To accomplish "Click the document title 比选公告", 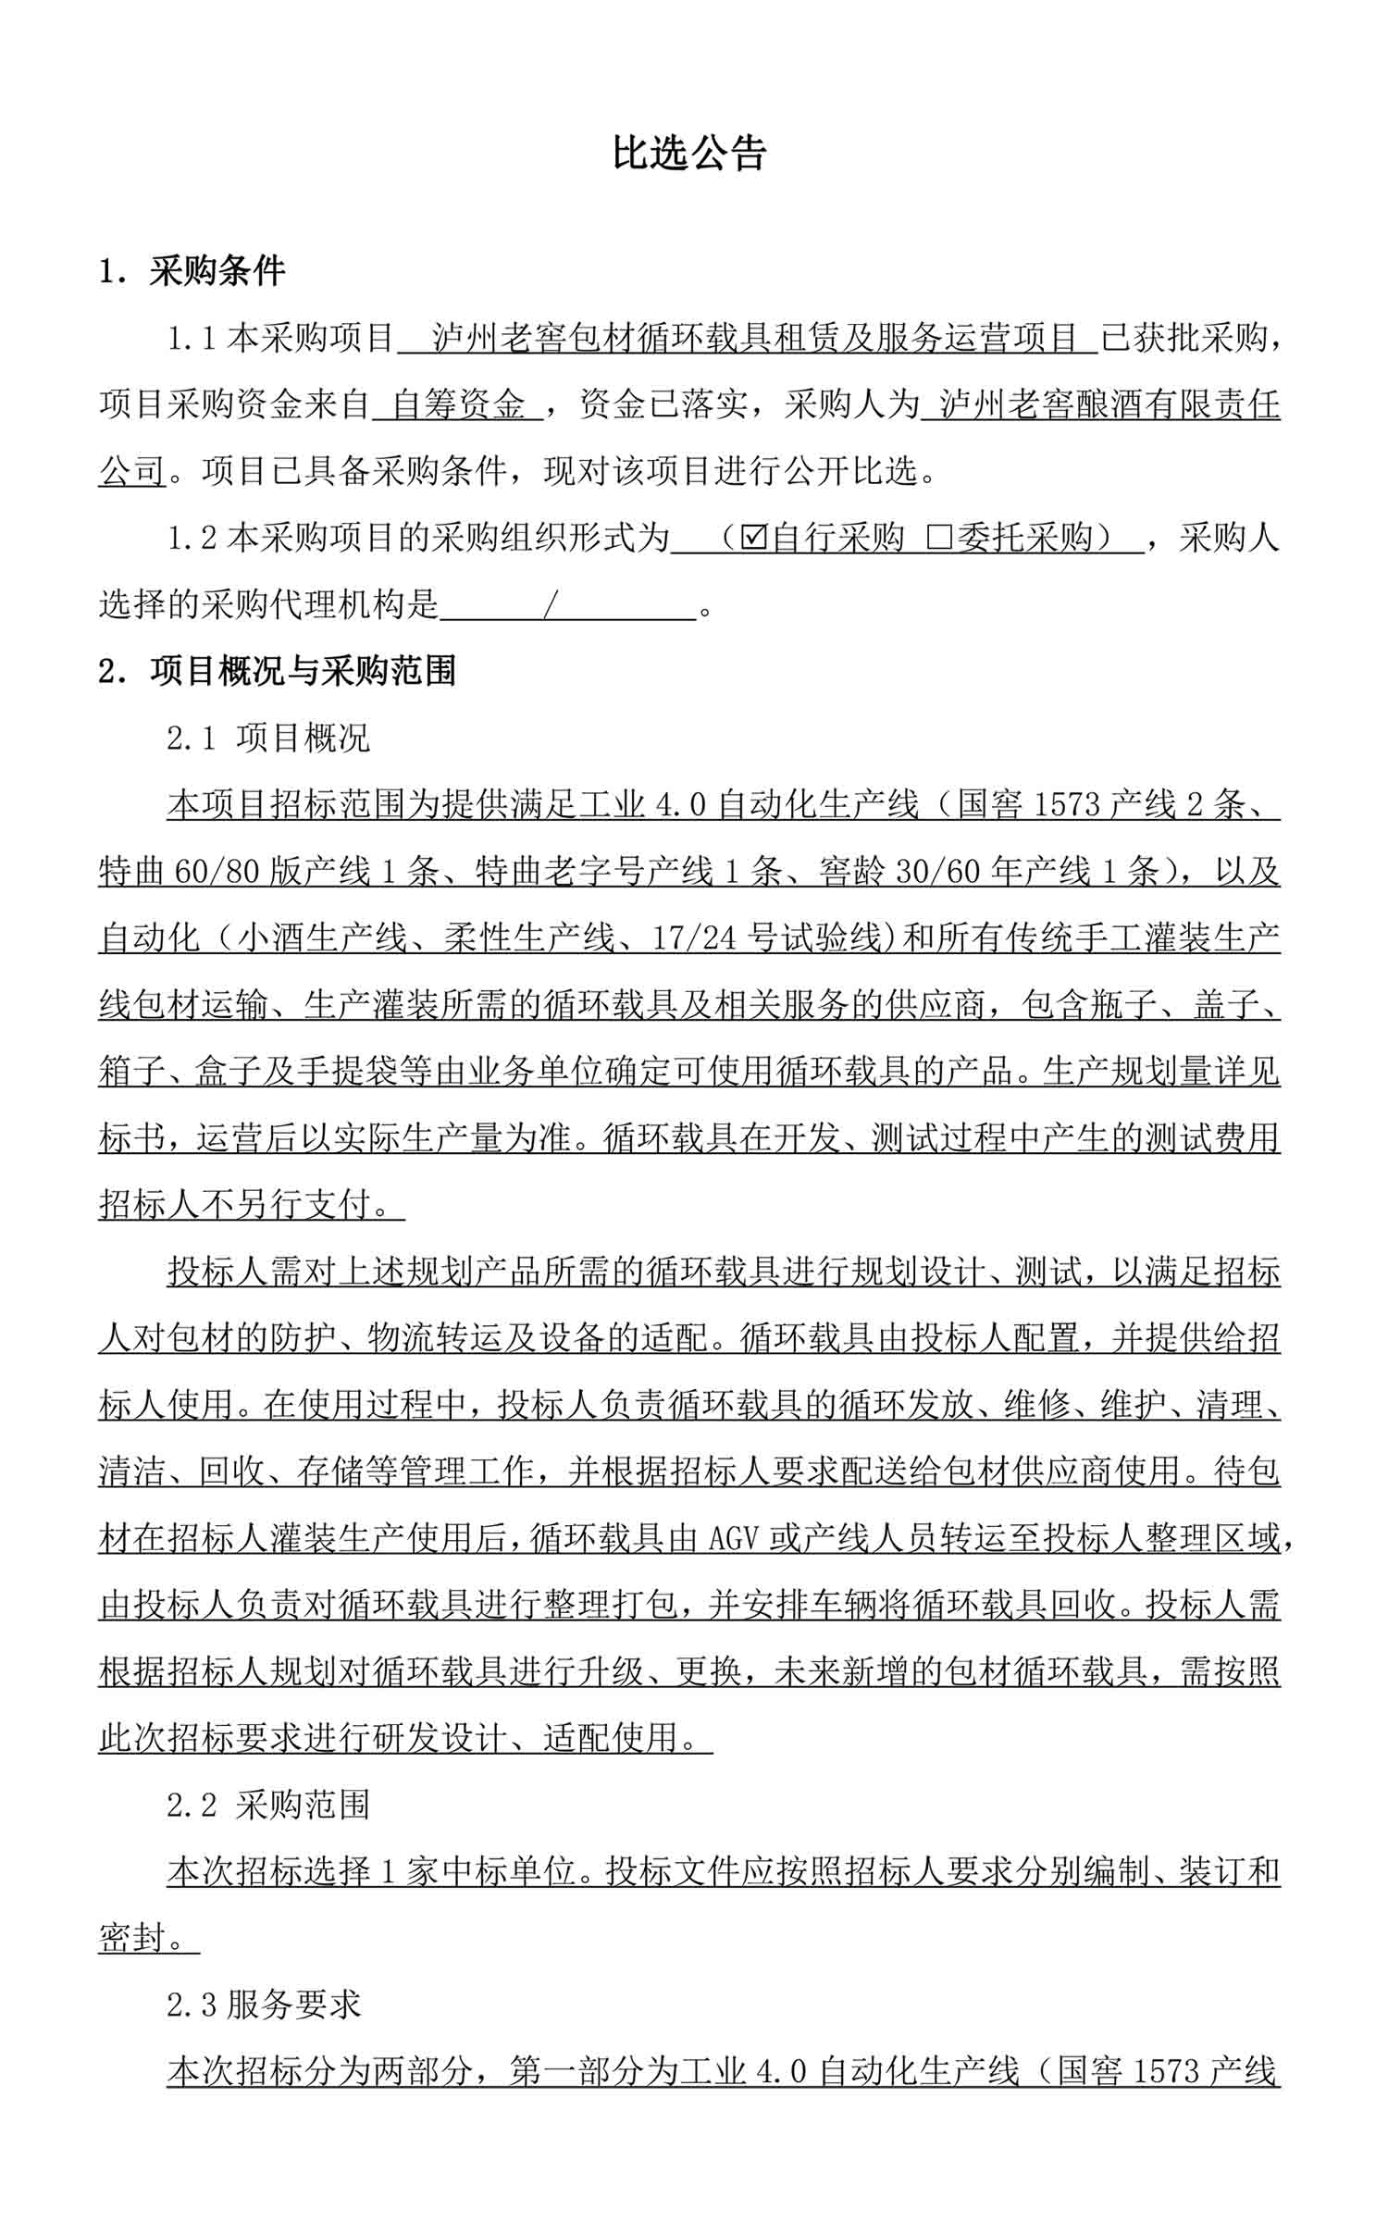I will tap(689, 153).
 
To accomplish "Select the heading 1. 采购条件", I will tap(192, 271).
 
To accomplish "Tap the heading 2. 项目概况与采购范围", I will tap(277, 671).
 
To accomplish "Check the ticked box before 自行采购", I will tap(754, 538).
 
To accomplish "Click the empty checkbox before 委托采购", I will tap(938, 538).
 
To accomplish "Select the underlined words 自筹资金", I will tap(459, 405).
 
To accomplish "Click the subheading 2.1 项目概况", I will tap(268, 738).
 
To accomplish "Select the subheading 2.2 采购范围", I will tap(268, 1806).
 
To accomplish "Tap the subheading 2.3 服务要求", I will tap(264, 2005).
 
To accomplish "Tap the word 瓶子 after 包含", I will tap(1124, 1005).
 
